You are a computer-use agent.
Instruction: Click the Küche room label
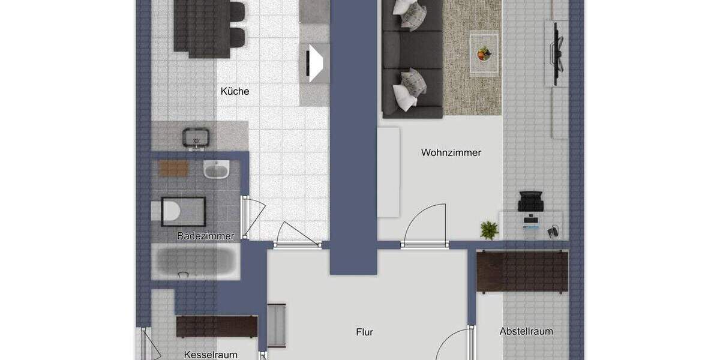point(235,92)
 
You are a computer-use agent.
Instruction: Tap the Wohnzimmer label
point(451,152)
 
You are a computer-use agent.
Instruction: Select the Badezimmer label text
point(205,236)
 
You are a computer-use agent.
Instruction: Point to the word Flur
point(364,332)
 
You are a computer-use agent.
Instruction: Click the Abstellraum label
point(526,331)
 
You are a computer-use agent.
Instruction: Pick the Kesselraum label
point(211,355)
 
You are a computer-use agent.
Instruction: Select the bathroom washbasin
point(216,170)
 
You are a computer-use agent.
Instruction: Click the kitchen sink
point(196,138)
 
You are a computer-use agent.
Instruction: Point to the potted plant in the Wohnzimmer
point(489,229)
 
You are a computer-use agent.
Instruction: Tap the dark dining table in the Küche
point(201,27)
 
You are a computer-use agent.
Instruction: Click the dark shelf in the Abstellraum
point(522,271)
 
